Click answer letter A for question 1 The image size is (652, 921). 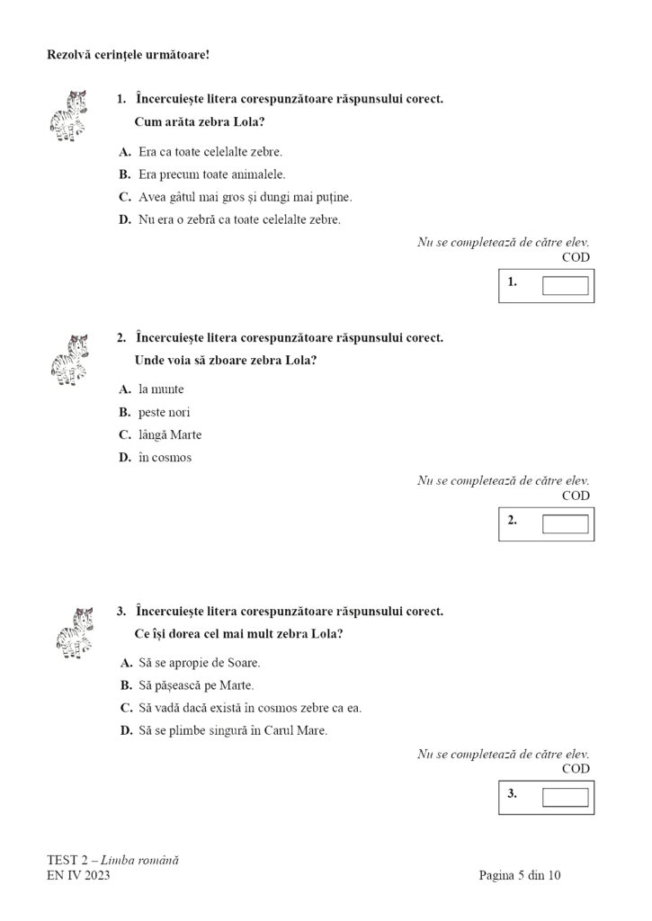tap(125, 152)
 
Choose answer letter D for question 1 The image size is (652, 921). tap(125, 219)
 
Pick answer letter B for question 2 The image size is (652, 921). tap(125, 412)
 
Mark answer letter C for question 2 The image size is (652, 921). tap(125, 434)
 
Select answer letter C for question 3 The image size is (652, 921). tap(126, 708)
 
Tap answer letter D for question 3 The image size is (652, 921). tap(126, 730)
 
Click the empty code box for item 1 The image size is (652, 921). tap(565, 286)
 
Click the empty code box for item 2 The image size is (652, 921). tap(565, 523)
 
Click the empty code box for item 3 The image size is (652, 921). tap(565, 797)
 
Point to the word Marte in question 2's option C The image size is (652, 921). tap(185, 434)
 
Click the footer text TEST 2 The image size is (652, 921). tap(68, 860)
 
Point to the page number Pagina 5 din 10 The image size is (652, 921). tap(521, 874)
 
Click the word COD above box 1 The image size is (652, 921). tap(576, 257)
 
